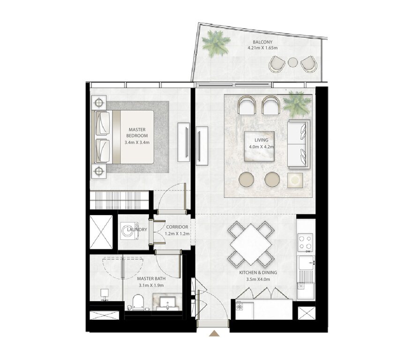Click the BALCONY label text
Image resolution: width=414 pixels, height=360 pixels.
tap(263, 42)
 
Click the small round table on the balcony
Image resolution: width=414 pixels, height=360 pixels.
tap(293, 62)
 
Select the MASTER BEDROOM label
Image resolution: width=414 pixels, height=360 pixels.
tap(137, 133)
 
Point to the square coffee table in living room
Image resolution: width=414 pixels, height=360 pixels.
tap(259, 146)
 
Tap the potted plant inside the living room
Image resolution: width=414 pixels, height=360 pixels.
tap(296, 104)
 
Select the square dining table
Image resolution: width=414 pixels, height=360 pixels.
tap(251, 244)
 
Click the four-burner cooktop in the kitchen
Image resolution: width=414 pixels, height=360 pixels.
tap(305, 241)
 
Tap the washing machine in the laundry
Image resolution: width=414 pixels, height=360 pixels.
tap(129, 231)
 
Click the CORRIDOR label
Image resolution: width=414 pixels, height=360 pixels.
tap(177, 227)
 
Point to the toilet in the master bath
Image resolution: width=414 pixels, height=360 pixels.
tap(138, 302)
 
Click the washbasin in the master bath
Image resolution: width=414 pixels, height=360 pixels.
tap(167, 302)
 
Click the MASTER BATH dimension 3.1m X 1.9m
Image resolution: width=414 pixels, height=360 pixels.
tap(151, 285)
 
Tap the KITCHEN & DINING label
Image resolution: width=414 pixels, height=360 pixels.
tap(258, 273)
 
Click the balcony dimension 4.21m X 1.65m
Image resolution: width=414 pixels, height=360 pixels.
tap(263, 48)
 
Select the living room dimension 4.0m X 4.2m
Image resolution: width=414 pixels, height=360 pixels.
tap(261, 147)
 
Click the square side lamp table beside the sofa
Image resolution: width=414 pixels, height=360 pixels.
tap(295, 180)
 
